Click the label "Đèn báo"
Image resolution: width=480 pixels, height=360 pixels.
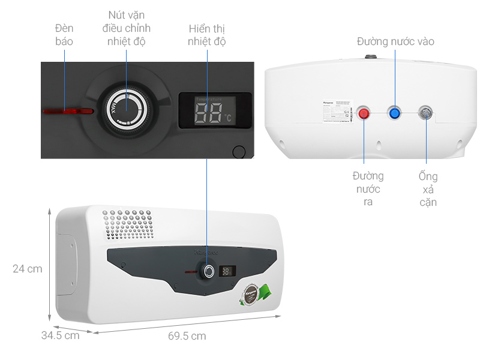[x=64, y=35]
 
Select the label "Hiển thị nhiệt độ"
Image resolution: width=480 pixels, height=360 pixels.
[x=206, y=35]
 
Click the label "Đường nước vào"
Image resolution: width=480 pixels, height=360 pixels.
[x=395, y=41]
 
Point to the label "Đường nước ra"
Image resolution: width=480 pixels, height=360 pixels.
[x=368, y=188]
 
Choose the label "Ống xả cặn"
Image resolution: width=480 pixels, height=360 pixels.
[x=428, y=189]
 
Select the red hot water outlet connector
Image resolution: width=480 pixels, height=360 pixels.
[x=364, y=113]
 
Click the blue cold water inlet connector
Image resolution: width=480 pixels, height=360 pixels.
[x=394, y=112]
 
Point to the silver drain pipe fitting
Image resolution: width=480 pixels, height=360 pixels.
[x=425, y=112]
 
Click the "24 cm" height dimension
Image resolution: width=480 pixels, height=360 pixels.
[x=28, y=269]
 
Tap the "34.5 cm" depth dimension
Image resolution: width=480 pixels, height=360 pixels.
[x=60, y=335]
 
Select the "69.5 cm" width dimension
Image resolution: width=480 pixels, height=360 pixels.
[x=187, y=336]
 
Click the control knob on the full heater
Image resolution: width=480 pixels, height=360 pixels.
[x=208, y=271]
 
